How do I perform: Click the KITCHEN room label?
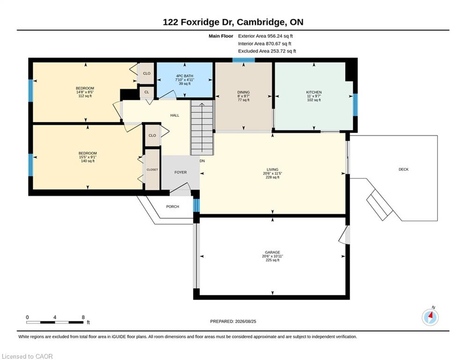click(314, 92)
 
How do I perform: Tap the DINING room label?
click(244, 92)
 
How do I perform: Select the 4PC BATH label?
click(185, 76)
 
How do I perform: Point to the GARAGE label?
click(273, 252)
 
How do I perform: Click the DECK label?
click(404, 169)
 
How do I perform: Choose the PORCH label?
click(173, 206)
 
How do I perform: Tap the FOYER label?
click(180, 172)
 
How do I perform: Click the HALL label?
click(175, 115)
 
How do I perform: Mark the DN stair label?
click(202, 161)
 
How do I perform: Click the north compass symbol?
click(430, 317)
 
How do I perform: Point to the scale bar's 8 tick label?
click(83, 317)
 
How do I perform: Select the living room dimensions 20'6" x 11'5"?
click(273, 173)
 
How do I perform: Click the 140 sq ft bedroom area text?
click(88, 161)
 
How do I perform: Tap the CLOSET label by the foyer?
click(152, 170)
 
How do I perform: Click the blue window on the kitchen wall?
click(355, 105)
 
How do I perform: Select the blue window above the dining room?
click(244, 60)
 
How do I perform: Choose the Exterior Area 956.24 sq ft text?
click(266, 36)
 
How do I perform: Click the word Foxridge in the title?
click(200, 22)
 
